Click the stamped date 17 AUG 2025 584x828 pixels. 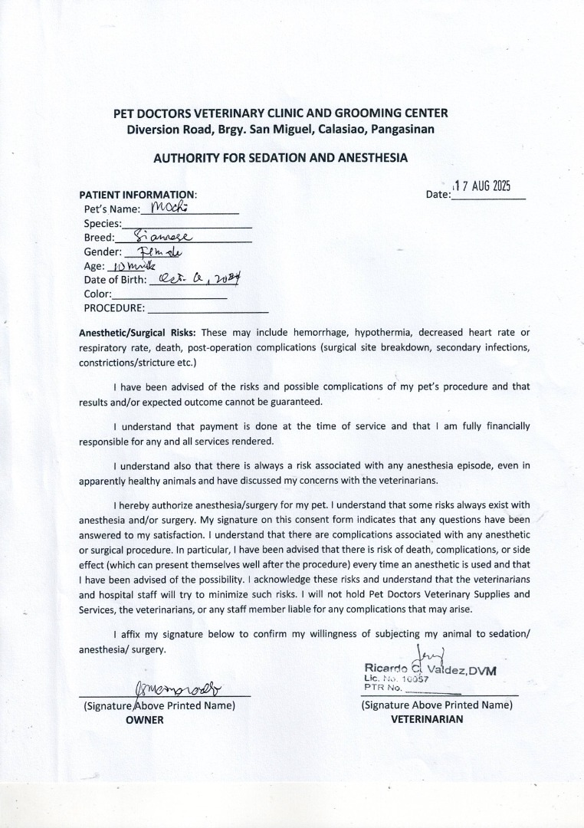pyautogui.click(x=483, y=187)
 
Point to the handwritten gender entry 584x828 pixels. pyautogui.click(x=159, y=251)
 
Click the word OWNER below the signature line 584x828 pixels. pyautogui.click(x=145, y=720)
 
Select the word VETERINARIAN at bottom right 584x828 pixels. pyautogui.click(x=427, y=720)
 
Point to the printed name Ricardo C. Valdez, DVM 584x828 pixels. pyautogui.click(x=430, y=670)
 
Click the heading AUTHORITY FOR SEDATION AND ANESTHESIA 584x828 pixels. pyautogui.click(x=281, y=159)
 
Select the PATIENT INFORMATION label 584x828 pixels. pyautogui.click(x=138, y=194)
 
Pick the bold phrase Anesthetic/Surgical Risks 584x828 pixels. pyautogui.click(x=138, y=333)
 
